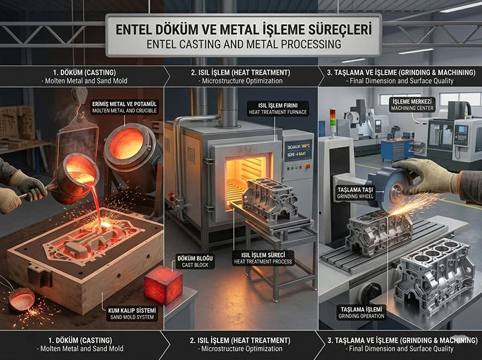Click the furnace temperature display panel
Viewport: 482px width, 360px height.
298,149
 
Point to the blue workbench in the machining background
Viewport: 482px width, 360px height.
397,145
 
